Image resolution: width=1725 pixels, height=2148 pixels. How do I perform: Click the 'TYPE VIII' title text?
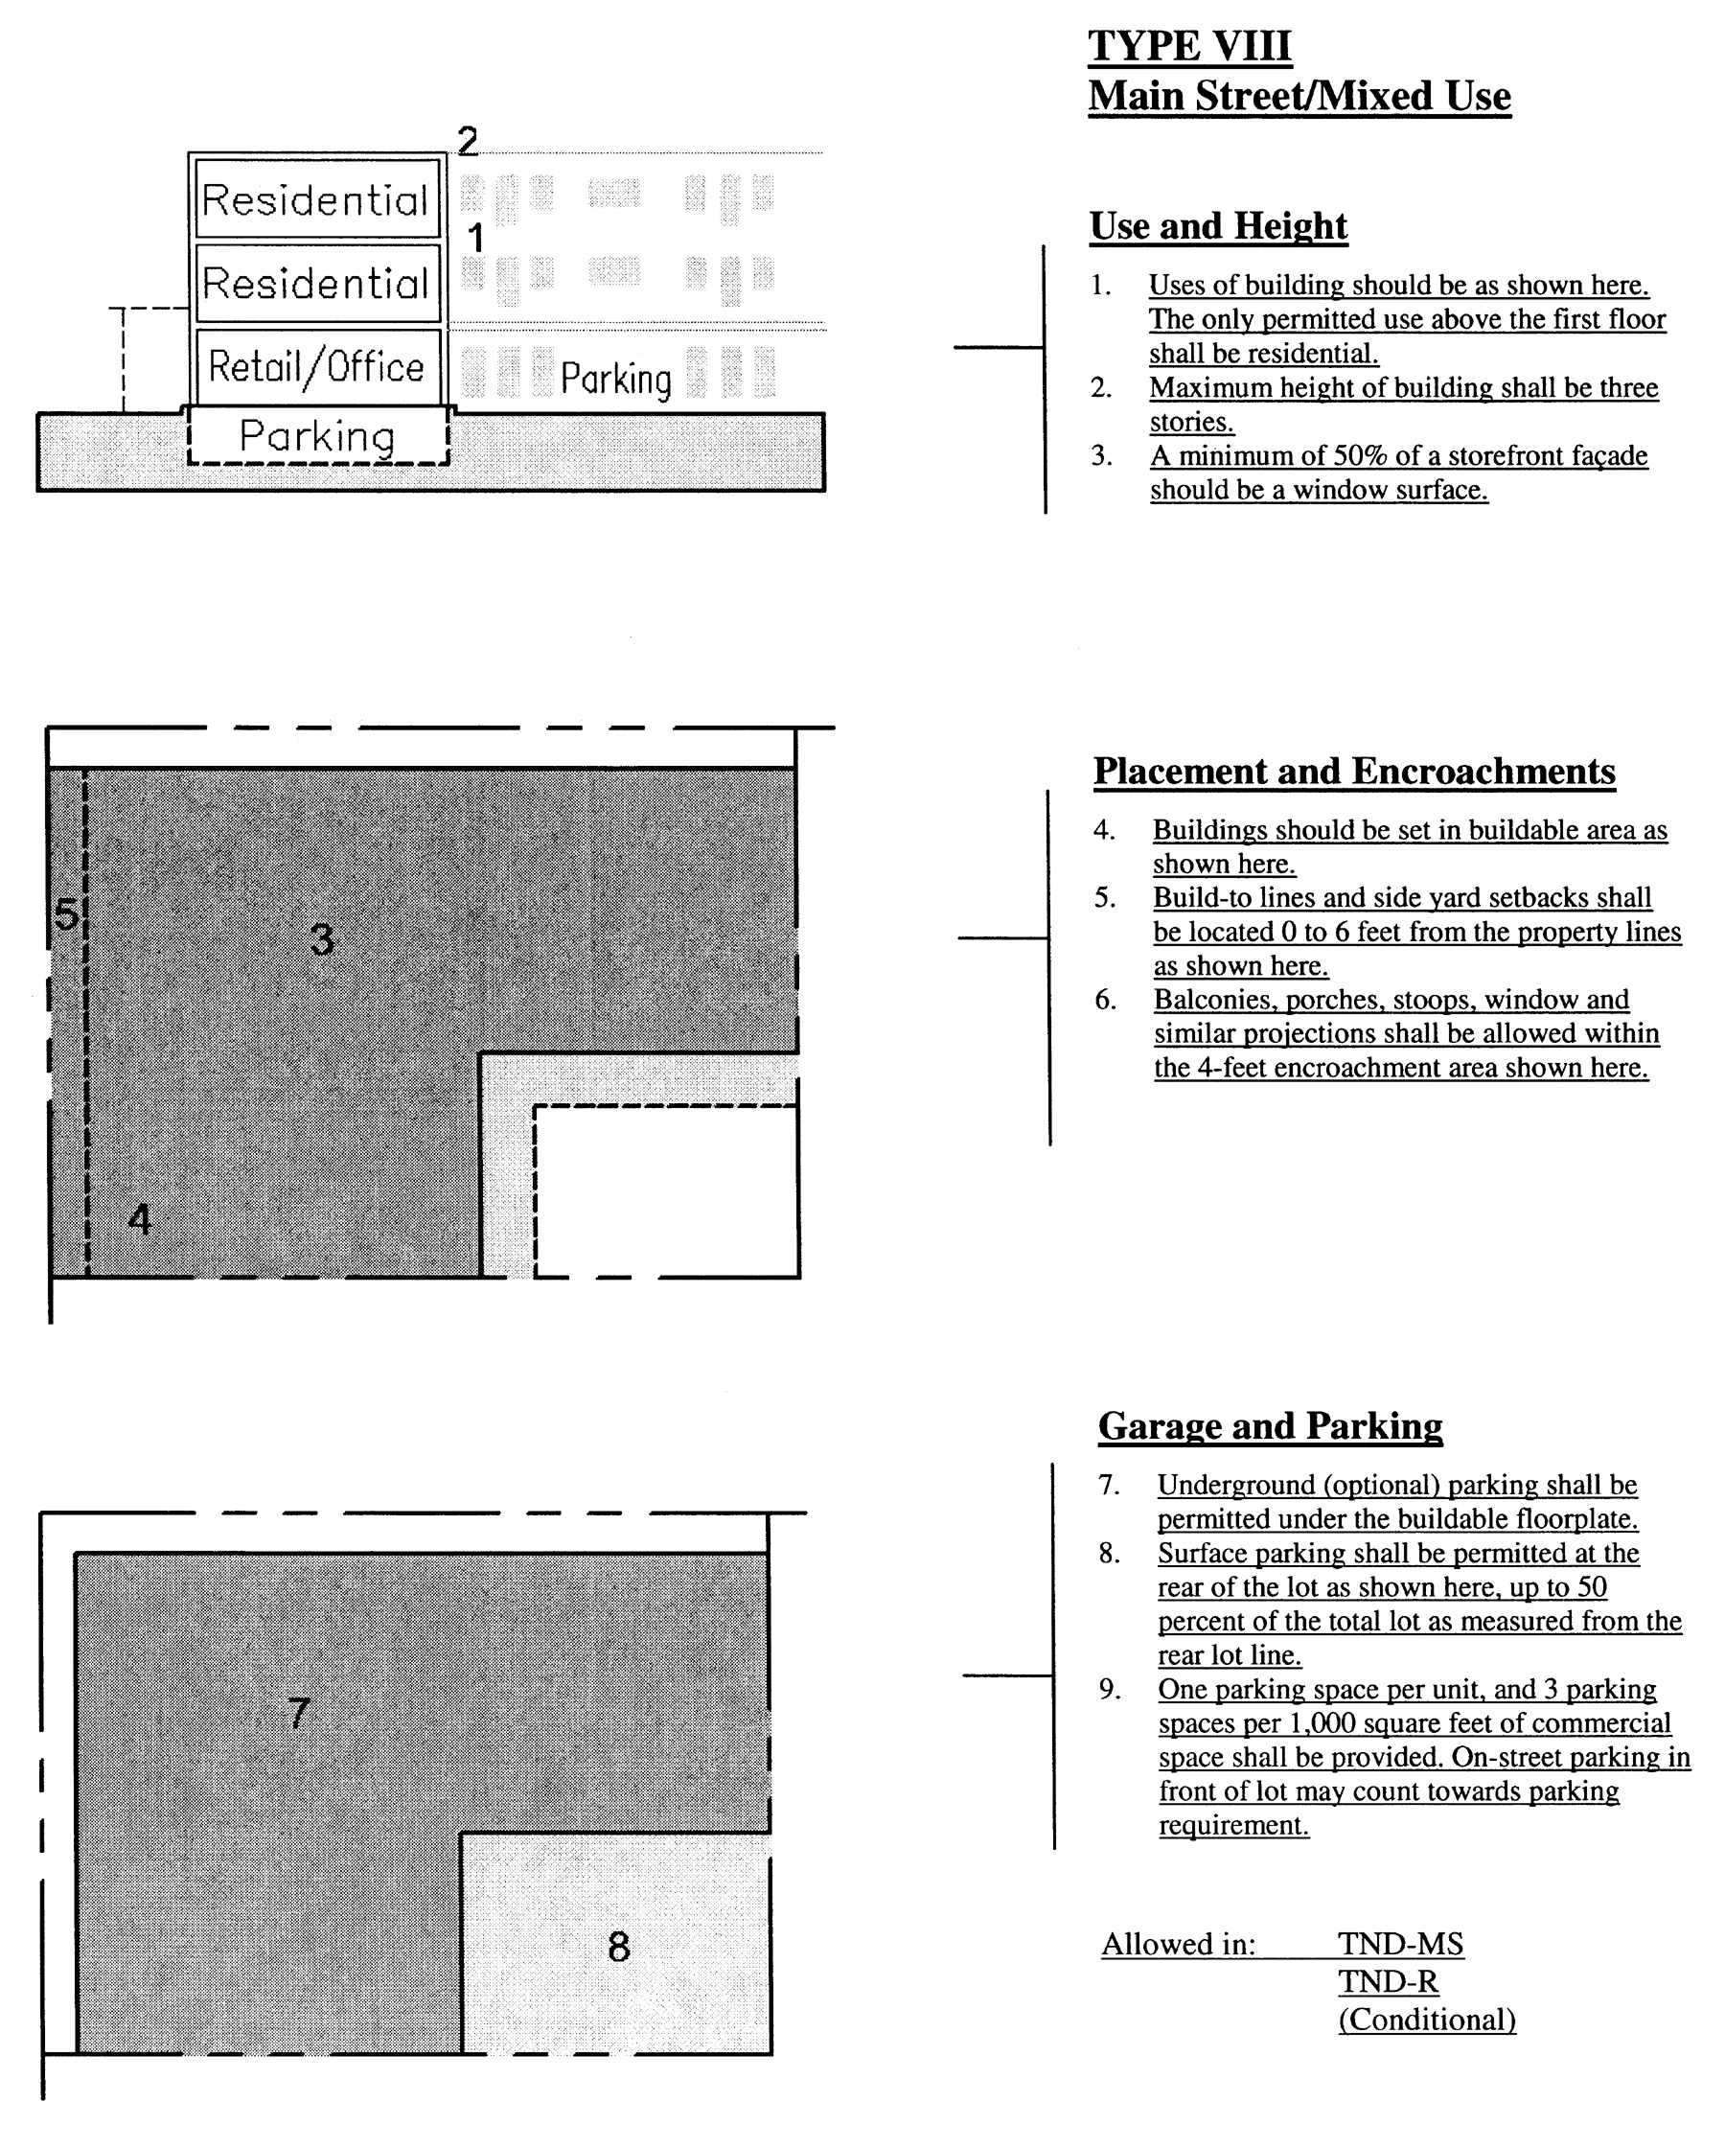pos(1189,46)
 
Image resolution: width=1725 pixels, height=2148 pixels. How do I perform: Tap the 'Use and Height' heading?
pos(1218,226)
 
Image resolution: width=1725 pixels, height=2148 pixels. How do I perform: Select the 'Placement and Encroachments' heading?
pos(1353,772)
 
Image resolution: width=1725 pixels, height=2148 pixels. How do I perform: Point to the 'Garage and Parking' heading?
pos(1270,1425)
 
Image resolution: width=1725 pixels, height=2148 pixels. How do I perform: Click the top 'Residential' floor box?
pos(316,199)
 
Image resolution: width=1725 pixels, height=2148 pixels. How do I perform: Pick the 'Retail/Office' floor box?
pos(316,367)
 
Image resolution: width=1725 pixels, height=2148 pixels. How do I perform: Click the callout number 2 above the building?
pos(467,142)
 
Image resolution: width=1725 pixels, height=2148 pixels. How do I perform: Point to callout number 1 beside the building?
pos(476,239)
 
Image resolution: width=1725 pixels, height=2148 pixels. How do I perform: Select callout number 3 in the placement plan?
pos(322,939)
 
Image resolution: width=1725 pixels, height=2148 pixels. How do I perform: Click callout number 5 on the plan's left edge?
pos(66,913)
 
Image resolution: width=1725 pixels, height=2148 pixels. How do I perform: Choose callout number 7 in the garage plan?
pos(299,1713)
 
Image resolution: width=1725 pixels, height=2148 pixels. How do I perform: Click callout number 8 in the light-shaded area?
pos(618,1947)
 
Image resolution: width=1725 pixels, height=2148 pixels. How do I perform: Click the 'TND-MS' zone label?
pos(1400,1944)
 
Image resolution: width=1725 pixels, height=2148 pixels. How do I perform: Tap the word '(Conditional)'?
pos(1426,2020)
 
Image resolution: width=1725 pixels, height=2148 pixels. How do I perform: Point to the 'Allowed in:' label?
pos(1178,1944)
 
